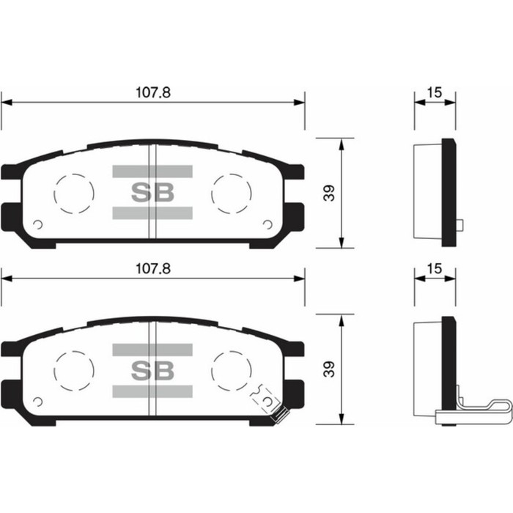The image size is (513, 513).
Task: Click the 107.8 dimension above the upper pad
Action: [152, 93]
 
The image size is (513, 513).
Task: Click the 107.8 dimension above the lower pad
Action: [152, 269]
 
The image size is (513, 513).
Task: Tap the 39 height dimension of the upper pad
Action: [329, 193]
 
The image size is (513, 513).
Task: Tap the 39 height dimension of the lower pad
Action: [329, 369]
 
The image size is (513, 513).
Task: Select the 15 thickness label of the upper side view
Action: [434, 93]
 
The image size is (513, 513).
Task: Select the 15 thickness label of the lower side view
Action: [434, 269]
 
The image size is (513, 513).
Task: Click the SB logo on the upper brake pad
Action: [152, 193]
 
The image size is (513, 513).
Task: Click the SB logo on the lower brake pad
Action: [152, 369]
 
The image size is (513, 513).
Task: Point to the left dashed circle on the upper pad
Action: [74, 193]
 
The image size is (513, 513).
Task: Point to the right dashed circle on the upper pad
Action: [231, 193]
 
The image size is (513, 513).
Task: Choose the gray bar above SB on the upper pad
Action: [152, 171]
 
